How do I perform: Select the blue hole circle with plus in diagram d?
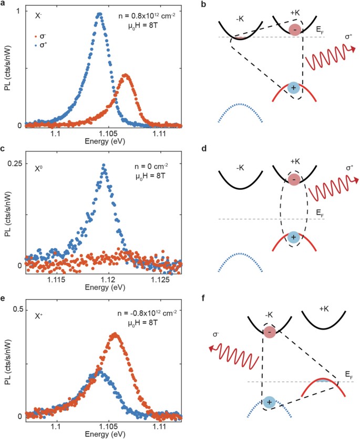tap(294, 238)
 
